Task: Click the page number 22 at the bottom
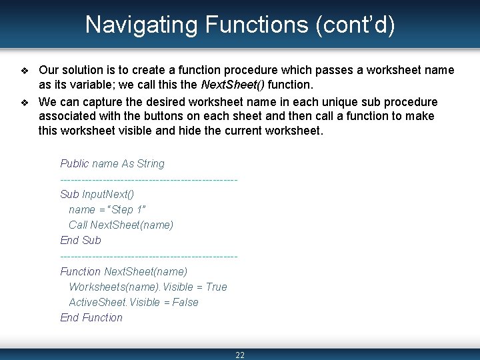point(240,355)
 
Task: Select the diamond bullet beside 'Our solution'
point(25,71)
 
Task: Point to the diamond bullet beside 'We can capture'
point(25,103)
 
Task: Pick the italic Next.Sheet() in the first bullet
point(234,85)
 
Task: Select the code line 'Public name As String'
point(112,163)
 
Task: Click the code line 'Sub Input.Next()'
point(97,194)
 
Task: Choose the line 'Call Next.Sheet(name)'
point(121,225)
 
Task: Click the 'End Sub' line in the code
point(81,240)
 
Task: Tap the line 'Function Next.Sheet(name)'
point(123,271)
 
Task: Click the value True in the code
point(216,287)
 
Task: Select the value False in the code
point(185,302)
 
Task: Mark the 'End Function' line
point(91,317)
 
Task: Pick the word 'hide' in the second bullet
point(191,130)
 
